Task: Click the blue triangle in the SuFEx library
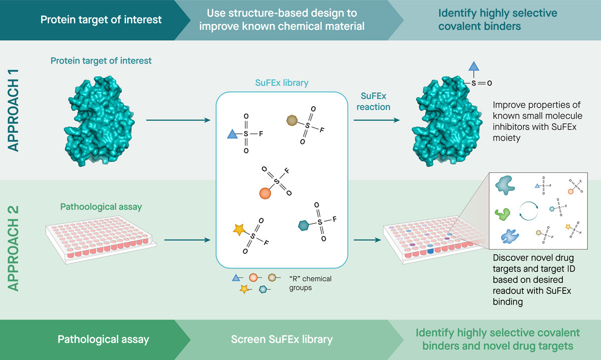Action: [x=232, y=135]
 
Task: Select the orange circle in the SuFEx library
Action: [x=265, y=193]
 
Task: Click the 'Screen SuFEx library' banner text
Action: [x=282, y=339]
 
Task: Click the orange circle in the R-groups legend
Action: [x=253, y=277]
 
